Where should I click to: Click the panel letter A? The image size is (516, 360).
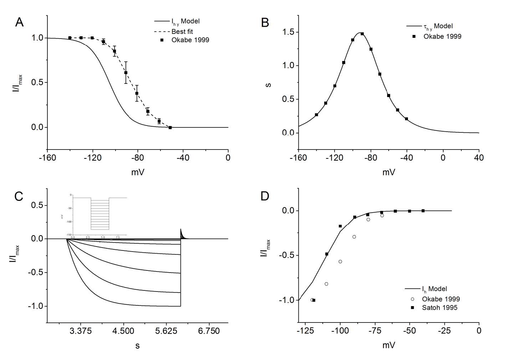point(19,22)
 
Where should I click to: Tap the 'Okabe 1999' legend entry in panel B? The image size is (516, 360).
point(442,36)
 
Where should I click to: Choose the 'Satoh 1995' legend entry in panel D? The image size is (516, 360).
point(439,307)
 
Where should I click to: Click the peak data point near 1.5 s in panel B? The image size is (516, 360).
point(362,34)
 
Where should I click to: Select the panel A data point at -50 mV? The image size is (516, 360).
point(170,127)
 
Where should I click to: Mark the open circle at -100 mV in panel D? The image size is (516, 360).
point(340,262)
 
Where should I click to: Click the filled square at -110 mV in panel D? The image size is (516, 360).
point(327,254)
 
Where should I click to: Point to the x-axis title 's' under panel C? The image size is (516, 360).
point(137,346)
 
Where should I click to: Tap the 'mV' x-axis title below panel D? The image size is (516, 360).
point(388,345)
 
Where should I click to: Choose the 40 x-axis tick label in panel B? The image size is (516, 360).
point(479,158)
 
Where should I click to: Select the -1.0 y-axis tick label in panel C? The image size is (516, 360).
point(37,306)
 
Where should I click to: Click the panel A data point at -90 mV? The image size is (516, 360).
point(126,72)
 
